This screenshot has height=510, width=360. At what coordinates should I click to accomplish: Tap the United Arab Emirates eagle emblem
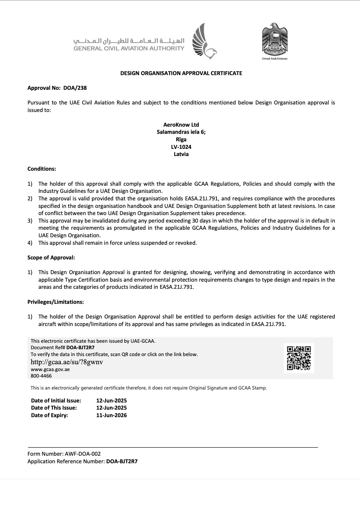pyautogui.click(x=274, y=40)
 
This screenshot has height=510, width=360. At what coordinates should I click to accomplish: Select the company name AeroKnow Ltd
pyautogui.click(x=181, y=125)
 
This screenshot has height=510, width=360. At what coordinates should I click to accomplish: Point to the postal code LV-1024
pyautogui.click(x=181, y=147)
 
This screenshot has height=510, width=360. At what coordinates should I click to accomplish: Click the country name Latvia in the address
pyautogui.click(x=181, y=154)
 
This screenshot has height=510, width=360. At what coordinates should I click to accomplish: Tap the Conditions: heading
pyautogui.click(x=42, y=169)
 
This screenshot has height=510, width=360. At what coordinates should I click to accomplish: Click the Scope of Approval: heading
pyautogui.click(x=51, y=257)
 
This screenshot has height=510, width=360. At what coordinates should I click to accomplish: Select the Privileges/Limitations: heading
pyautogui.click(x=56, y=302)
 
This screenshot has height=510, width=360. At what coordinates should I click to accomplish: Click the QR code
pyautogui.click(x=299, y=358)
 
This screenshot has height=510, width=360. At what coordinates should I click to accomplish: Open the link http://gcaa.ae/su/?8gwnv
pyautogui.click(x=67, y=362)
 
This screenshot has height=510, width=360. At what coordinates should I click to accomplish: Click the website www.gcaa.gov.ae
pyautogui.click(x=50, y=369)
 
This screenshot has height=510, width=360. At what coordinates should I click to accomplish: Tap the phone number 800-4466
pyautogui.click(x=41, y=376)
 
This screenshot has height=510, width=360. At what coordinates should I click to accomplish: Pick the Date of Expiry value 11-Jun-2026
pyautogui.click(x=111, y=415)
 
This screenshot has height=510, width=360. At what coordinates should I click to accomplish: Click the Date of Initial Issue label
pyautogui.click(x=56, y=400)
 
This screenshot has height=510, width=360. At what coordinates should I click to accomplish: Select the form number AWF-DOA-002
pyautogui.click(x=82, y=454)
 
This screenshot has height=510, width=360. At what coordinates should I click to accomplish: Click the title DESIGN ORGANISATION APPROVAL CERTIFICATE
pyautogui.click(x=181, y=73)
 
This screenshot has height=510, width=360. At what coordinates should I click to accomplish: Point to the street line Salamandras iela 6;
pyautogui.click(x=181, y=132)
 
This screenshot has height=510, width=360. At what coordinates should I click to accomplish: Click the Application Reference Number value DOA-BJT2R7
pyautogui.click(x=122, y=461)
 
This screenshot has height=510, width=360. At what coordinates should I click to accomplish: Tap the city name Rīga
pyautogui.click(x=181, y=139)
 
